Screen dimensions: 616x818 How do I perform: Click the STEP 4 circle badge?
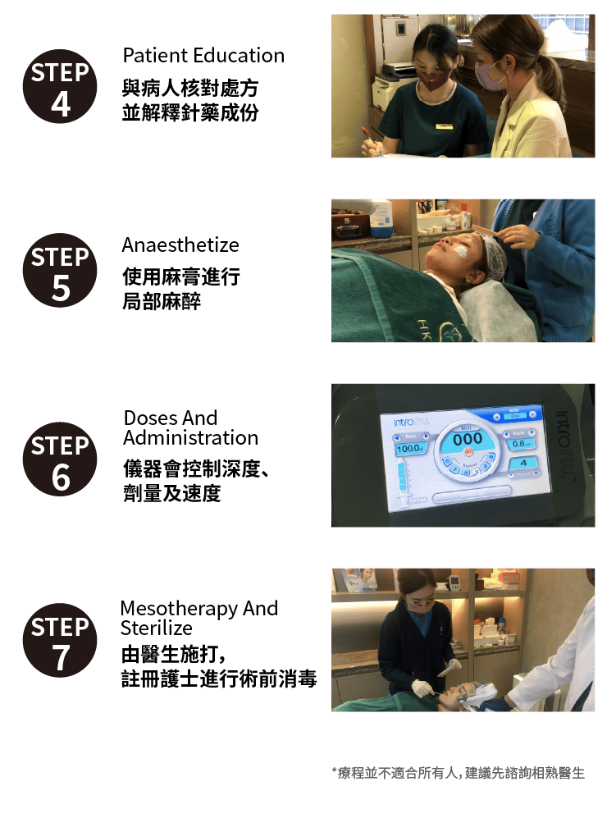point(60,86)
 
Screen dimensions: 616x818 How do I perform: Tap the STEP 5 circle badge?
point(60,270)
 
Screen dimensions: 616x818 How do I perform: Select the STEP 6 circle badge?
point(60,459)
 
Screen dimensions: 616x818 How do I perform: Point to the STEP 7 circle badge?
point(60,640)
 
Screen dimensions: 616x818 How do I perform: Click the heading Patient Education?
point(203,55)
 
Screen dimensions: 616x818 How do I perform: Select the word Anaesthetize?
point(180,244)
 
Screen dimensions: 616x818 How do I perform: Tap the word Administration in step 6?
point(191,437)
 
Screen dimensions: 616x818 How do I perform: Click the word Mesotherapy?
point(179,609)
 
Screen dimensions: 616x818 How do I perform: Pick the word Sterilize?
point(157,628)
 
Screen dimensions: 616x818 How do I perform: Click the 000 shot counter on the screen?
point(468,439)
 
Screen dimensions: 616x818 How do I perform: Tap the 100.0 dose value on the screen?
point(410,449)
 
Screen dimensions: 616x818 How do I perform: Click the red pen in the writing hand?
point(371,138)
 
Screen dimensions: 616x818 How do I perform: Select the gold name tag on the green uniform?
point(444,126)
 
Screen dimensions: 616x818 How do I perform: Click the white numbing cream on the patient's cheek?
point(462,250)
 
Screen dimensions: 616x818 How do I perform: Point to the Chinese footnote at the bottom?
point(459,773)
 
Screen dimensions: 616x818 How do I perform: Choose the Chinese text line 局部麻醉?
point(162,302)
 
